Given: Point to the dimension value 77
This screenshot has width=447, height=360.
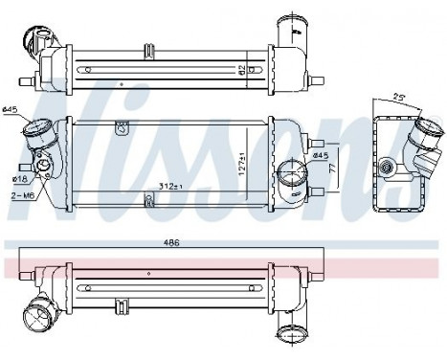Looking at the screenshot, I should click(331, 166).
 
